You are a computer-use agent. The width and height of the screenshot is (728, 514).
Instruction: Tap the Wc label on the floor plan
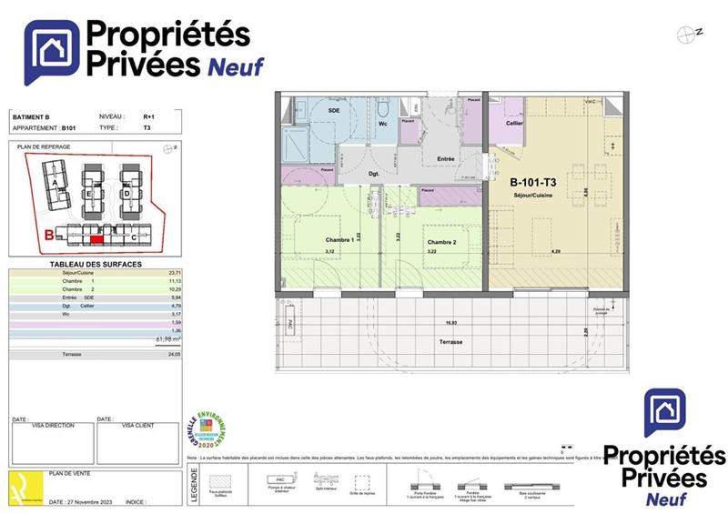[383, 122]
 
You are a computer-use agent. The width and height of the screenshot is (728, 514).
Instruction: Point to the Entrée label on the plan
[446, 159]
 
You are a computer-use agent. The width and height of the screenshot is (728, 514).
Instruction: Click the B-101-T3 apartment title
[532, 181]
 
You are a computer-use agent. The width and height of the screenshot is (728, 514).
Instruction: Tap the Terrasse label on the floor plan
[450, 341]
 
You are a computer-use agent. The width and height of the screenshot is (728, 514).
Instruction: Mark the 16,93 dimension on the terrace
[450, 322]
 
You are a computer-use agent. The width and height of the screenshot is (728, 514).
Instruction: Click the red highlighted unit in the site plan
[96, 239]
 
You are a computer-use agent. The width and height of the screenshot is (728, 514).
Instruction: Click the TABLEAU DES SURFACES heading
[95, 263]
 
